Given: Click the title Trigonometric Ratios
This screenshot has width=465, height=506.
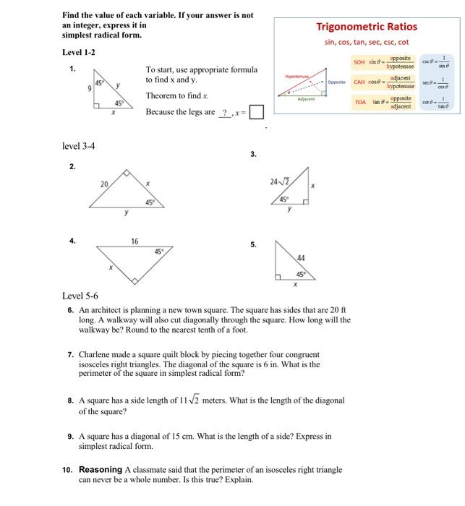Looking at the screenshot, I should coord(366,27).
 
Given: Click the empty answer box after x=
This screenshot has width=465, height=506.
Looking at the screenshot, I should coord(257,113).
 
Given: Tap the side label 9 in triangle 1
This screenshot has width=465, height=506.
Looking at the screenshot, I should coord(90,88).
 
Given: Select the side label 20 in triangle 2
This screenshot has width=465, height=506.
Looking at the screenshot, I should coord(104,184).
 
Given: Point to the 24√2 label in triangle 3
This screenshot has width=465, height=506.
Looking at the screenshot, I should coord(278,181).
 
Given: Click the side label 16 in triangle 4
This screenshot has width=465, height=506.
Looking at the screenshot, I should coord(135,241).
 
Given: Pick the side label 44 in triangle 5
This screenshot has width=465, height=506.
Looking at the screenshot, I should coord(302,258).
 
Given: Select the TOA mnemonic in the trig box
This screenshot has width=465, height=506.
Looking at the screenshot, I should coord(360,103).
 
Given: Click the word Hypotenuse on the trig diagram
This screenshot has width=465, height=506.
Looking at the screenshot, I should coord(297,75).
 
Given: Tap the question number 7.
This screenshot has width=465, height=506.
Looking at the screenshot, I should coord(70,355).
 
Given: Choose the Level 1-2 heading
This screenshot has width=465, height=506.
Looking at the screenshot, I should coord(79,53).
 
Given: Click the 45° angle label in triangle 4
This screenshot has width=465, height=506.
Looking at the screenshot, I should coord(158,252).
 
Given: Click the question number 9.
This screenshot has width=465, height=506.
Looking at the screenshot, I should coord(70,436).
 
